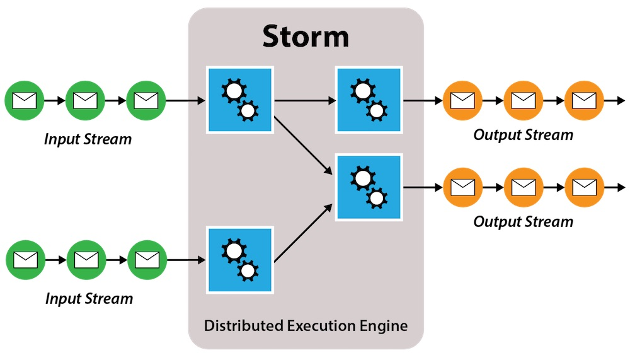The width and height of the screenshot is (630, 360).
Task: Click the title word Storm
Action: tap(306, 37)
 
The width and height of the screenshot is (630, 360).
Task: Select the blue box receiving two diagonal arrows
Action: tap(369, 188)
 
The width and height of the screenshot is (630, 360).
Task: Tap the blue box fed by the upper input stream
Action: tap(240, 100)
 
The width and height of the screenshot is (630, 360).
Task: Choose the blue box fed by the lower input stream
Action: tap(240, 259)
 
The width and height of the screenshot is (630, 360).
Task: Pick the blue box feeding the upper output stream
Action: tap(369, 100)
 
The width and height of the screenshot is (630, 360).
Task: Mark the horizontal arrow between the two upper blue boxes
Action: tap(304, 100)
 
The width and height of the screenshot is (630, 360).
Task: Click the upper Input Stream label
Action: tap(88, 139)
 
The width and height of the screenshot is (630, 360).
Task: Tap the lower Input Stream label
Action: tap(89, 298)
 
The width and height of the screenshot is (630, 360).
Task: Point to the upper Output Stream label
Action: tap(523, 135)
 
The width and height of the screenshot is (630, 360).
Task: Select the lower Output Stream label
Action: tap(523, 222)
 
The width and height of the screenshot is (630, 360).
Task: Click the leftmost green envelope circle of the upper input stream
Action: tap(24, 100)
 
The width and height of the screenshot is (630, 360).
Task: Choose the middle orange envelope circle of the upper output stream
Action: tap(523, 100)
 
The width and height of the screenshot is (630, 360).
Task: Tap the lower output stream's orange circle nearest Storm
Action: tap(462, 187)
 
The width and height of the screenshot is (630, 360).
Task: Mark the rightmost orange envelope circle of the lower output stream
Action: tap(584, 187)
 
